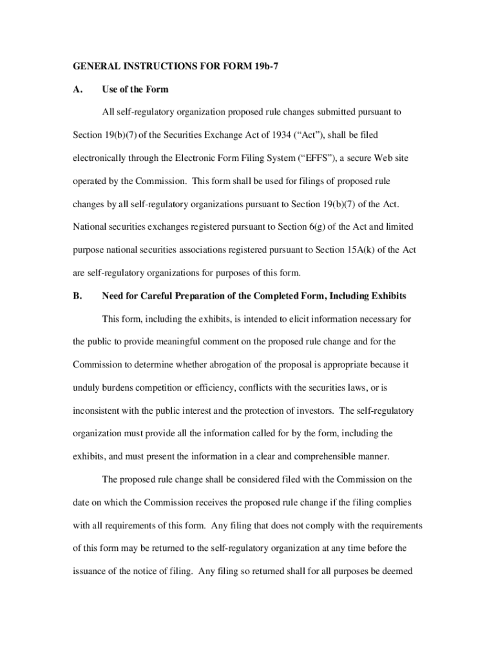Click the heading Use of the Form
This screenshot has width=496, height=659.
135,89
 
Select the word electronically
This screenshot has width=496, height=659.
99,158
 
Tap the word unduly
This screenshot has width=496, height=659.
86,388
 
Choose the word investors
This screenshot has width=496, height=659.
317,411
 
